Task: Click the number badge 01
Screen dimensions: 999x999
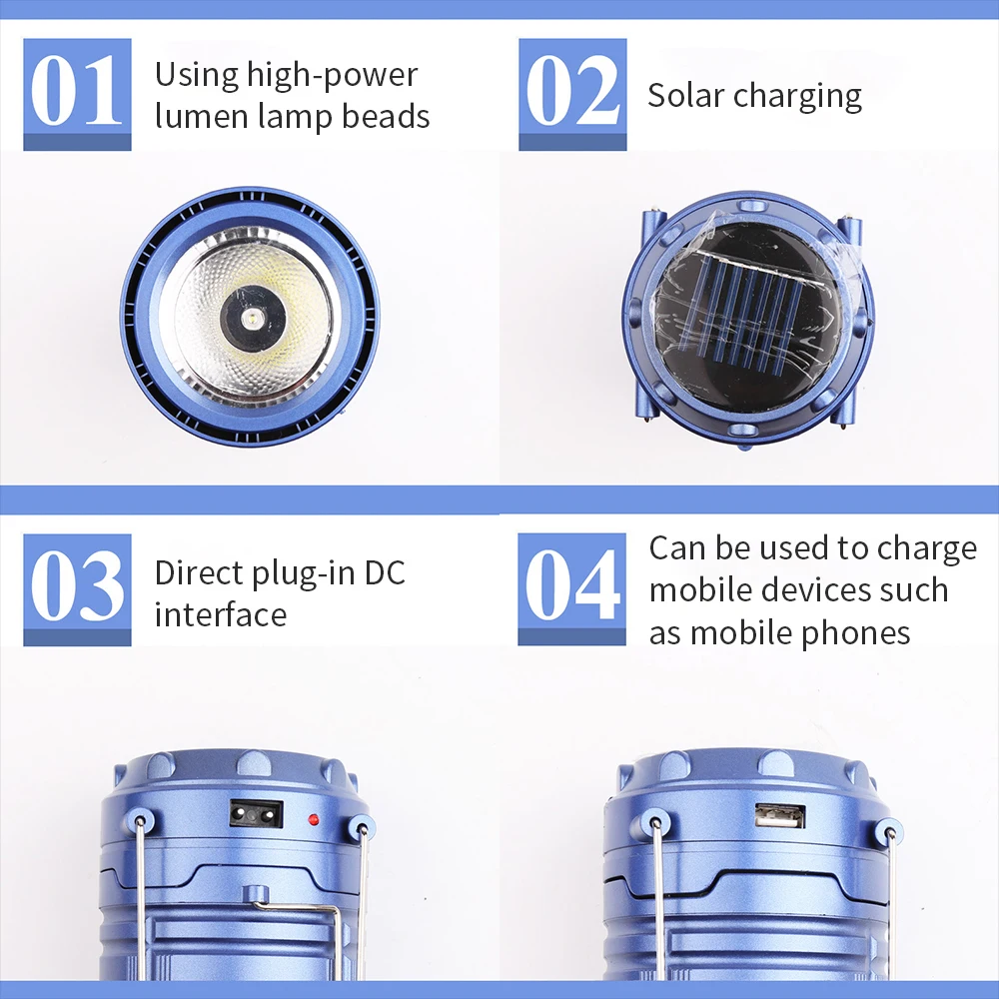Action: (x=77, y=94)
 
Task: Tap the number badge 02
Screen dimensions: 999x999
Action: (x=571, y=94)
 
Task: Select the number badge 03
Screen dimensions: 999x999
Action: (x=77, y=589)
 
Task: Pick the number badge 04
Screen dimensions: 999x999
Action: (x=571, y=589)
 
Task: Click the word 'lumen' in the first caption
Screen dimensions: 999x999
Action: (x=194, y=116)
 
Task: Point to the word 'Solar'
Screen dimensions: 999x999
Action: (x=686, y=95)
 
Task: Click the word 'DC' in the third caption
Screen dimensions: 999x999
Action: (x=384, y=572)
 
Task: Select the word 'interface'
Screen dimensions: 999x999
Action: (x=220, y=613)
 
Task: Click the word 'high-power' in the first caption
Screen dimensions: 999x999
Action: (x=332, y=75)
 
